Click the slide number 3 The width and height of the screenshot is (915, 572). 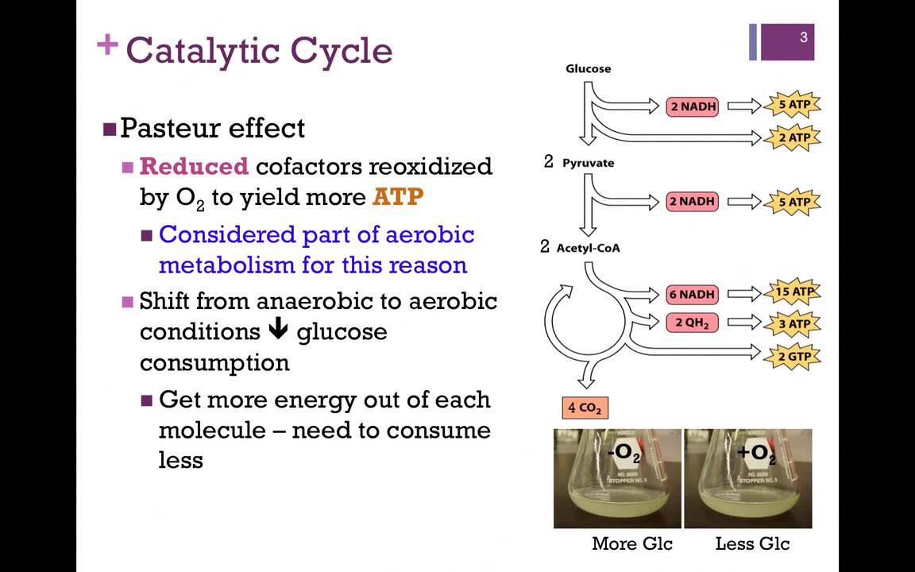pos(803,37)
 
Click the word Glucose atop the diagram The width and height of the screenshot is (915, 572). pos(588,68)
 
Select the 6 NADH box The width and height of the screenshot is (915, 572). pos(692,294)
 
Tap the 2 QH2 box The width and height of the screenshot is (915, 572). pos(692,323)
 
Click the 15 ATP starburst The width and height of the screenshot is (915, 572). pos(793,292)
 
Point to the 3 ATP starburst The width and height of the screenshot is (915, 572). pos(793,323)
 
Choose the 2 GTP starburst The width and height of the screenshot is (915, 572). pos(793,356)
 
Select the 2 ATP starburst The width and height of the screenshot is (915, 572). pos(793,137)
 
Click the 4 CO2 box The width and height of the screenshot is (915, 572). pos(585,408)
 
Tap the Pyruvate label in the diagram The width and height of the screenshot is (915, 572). pos(588,163)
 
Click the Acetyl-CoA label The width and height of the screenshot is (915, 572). pos(588,248)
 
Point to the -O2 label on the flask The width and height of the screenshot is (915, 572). pos(624,453)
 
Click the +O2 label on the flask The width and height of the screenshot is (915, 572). pos(755,453)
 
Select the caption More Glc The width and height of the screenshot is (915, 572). pos(631,543)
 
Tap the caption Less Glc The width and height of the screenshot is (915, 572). pos(752,543)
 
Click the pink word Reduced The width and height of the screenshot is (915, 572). pos(194,167)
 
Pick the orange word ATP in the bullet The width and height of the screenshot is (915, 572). pos(398,196)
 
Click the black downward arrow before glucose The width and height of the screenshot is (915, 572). pos(278,330)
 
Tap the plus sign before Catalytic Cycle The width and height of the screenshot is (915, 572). pos(106,45)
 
